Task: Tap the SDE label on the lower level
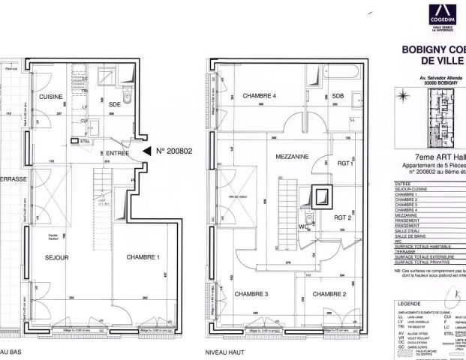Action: pos(114,103)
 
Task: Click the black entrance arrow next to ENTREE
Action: pos(146,151)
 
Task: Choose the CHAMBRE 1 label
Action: pos(143,257)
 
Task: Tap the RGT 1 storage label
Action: pos(345,163)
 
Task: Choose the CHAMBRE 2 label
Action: pos(328,293)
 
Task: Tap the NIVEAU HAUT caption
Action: pos(225,349)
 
